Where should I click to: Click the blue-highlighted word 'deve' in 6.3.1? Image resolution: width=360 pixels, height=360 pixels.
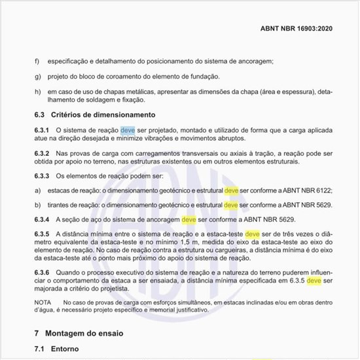coord(128,130)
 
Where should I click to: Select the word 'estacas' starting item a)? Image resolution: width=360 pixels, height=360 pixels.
coord(60,190)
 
